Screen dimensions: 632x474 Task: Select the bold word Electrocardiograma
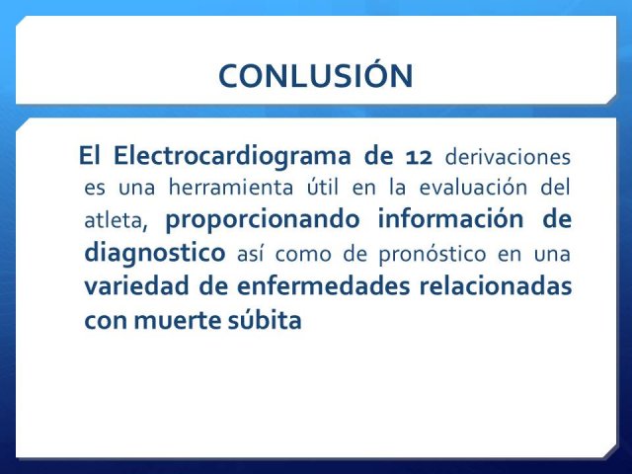tap(232, 157)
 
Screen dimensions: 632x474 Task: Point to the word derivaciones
tap(508, 156)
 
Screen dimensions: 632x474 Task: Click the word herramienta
tap(231, 188)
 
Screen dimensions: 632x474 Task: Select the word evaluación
tap(473, 187)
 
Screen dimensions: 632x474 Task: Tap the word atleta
tap(116, 221)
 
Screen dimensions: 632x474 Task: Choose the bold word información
tap(450, 219)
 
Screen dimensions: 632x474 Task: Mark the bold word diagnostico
tap(155, 254)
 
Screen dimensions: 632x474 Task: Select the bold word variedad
tap(136, 285)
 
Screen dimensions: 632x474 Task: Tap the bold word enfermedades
tap(323, 285)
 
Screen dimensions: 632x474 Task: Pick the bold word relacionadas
tap(496, 285)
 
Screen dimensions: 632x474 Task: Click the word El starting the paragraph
tap(89, 155)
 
